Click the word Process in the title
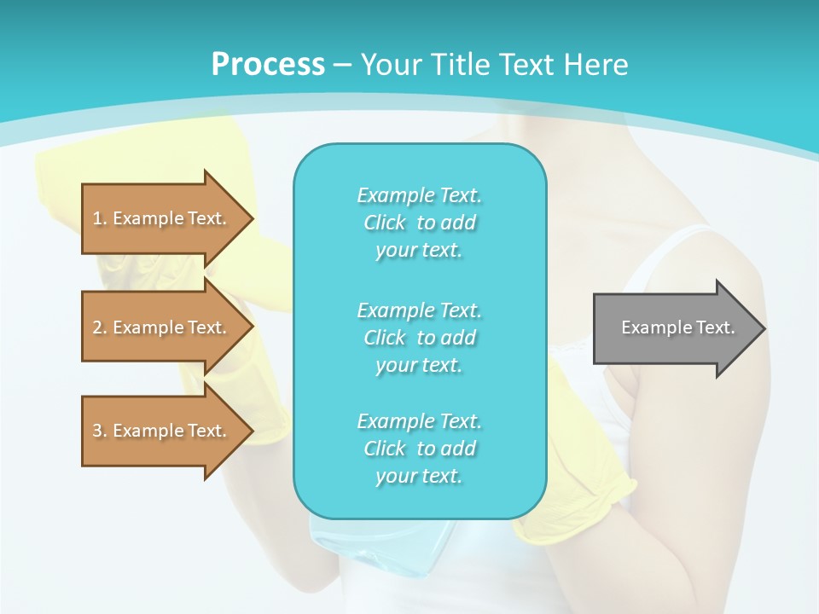pos(268,65)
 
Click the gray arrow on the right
pos(674,327)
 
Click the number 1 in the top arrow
pos(97,218)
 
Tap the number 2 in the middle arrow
pos(97,327)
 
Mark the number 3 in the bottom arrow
pos(97,431)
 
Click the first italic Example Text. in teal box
pos(419,195)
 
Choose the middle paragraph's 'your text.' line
pos(419,365)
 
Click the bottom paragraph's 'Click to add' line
pos(419,449)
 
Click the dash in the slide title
pos(342,65)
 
